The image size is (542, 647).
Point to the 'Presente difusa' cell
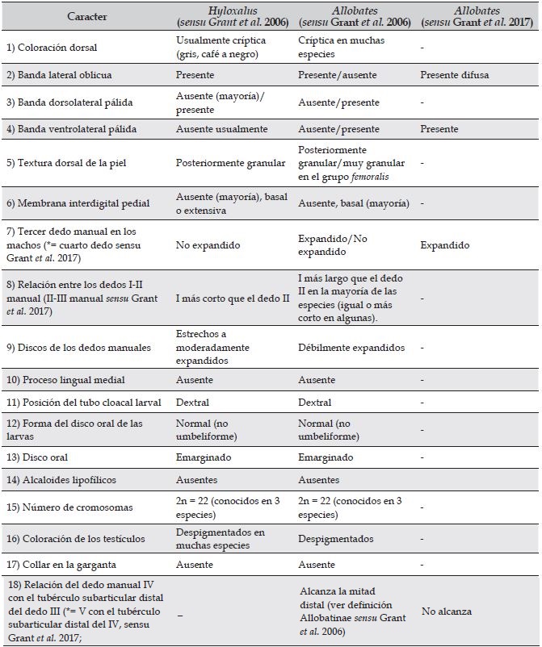coord(456,75)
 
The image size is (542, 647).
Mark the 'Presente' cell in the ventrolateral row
coord(439,129)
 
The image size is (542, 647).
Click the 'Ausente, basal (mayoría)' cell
coord(353,203)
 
